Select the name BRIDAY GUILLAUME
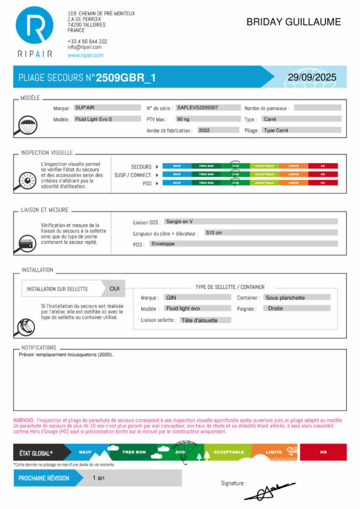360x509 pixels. tap(293, 22)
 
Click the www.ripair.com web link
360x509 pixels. tap(86, 55)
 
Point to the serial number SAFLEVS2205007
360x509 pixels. tap(197, 108)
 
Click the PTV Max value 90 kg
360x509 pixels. tap(183, 119)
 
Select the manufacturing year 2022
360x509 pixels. tap(204, 130)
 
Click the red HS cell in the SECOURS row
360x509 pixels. tap(323, 166)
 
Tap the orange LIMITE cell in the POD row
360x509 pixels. tap(293, 182)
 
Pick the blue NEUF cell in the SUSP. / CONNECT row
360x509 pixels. tap(177, 174)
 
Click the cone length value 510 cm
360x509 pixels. tap(214, 233)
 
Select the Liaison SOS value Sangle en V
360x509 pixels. tap(178, 221)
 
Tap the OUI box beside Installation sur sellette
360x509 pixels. tap(114, 288)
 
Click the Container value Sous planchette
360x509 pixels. tap(285, 297)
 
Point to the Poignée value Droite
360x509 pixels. tap(275, 308)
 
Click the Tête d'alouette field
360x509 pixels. tap(198, 320)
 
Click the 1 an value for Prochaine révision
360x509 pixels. tap(99, 478)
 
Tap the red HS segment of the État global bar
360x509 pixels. tap(323, 452)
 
